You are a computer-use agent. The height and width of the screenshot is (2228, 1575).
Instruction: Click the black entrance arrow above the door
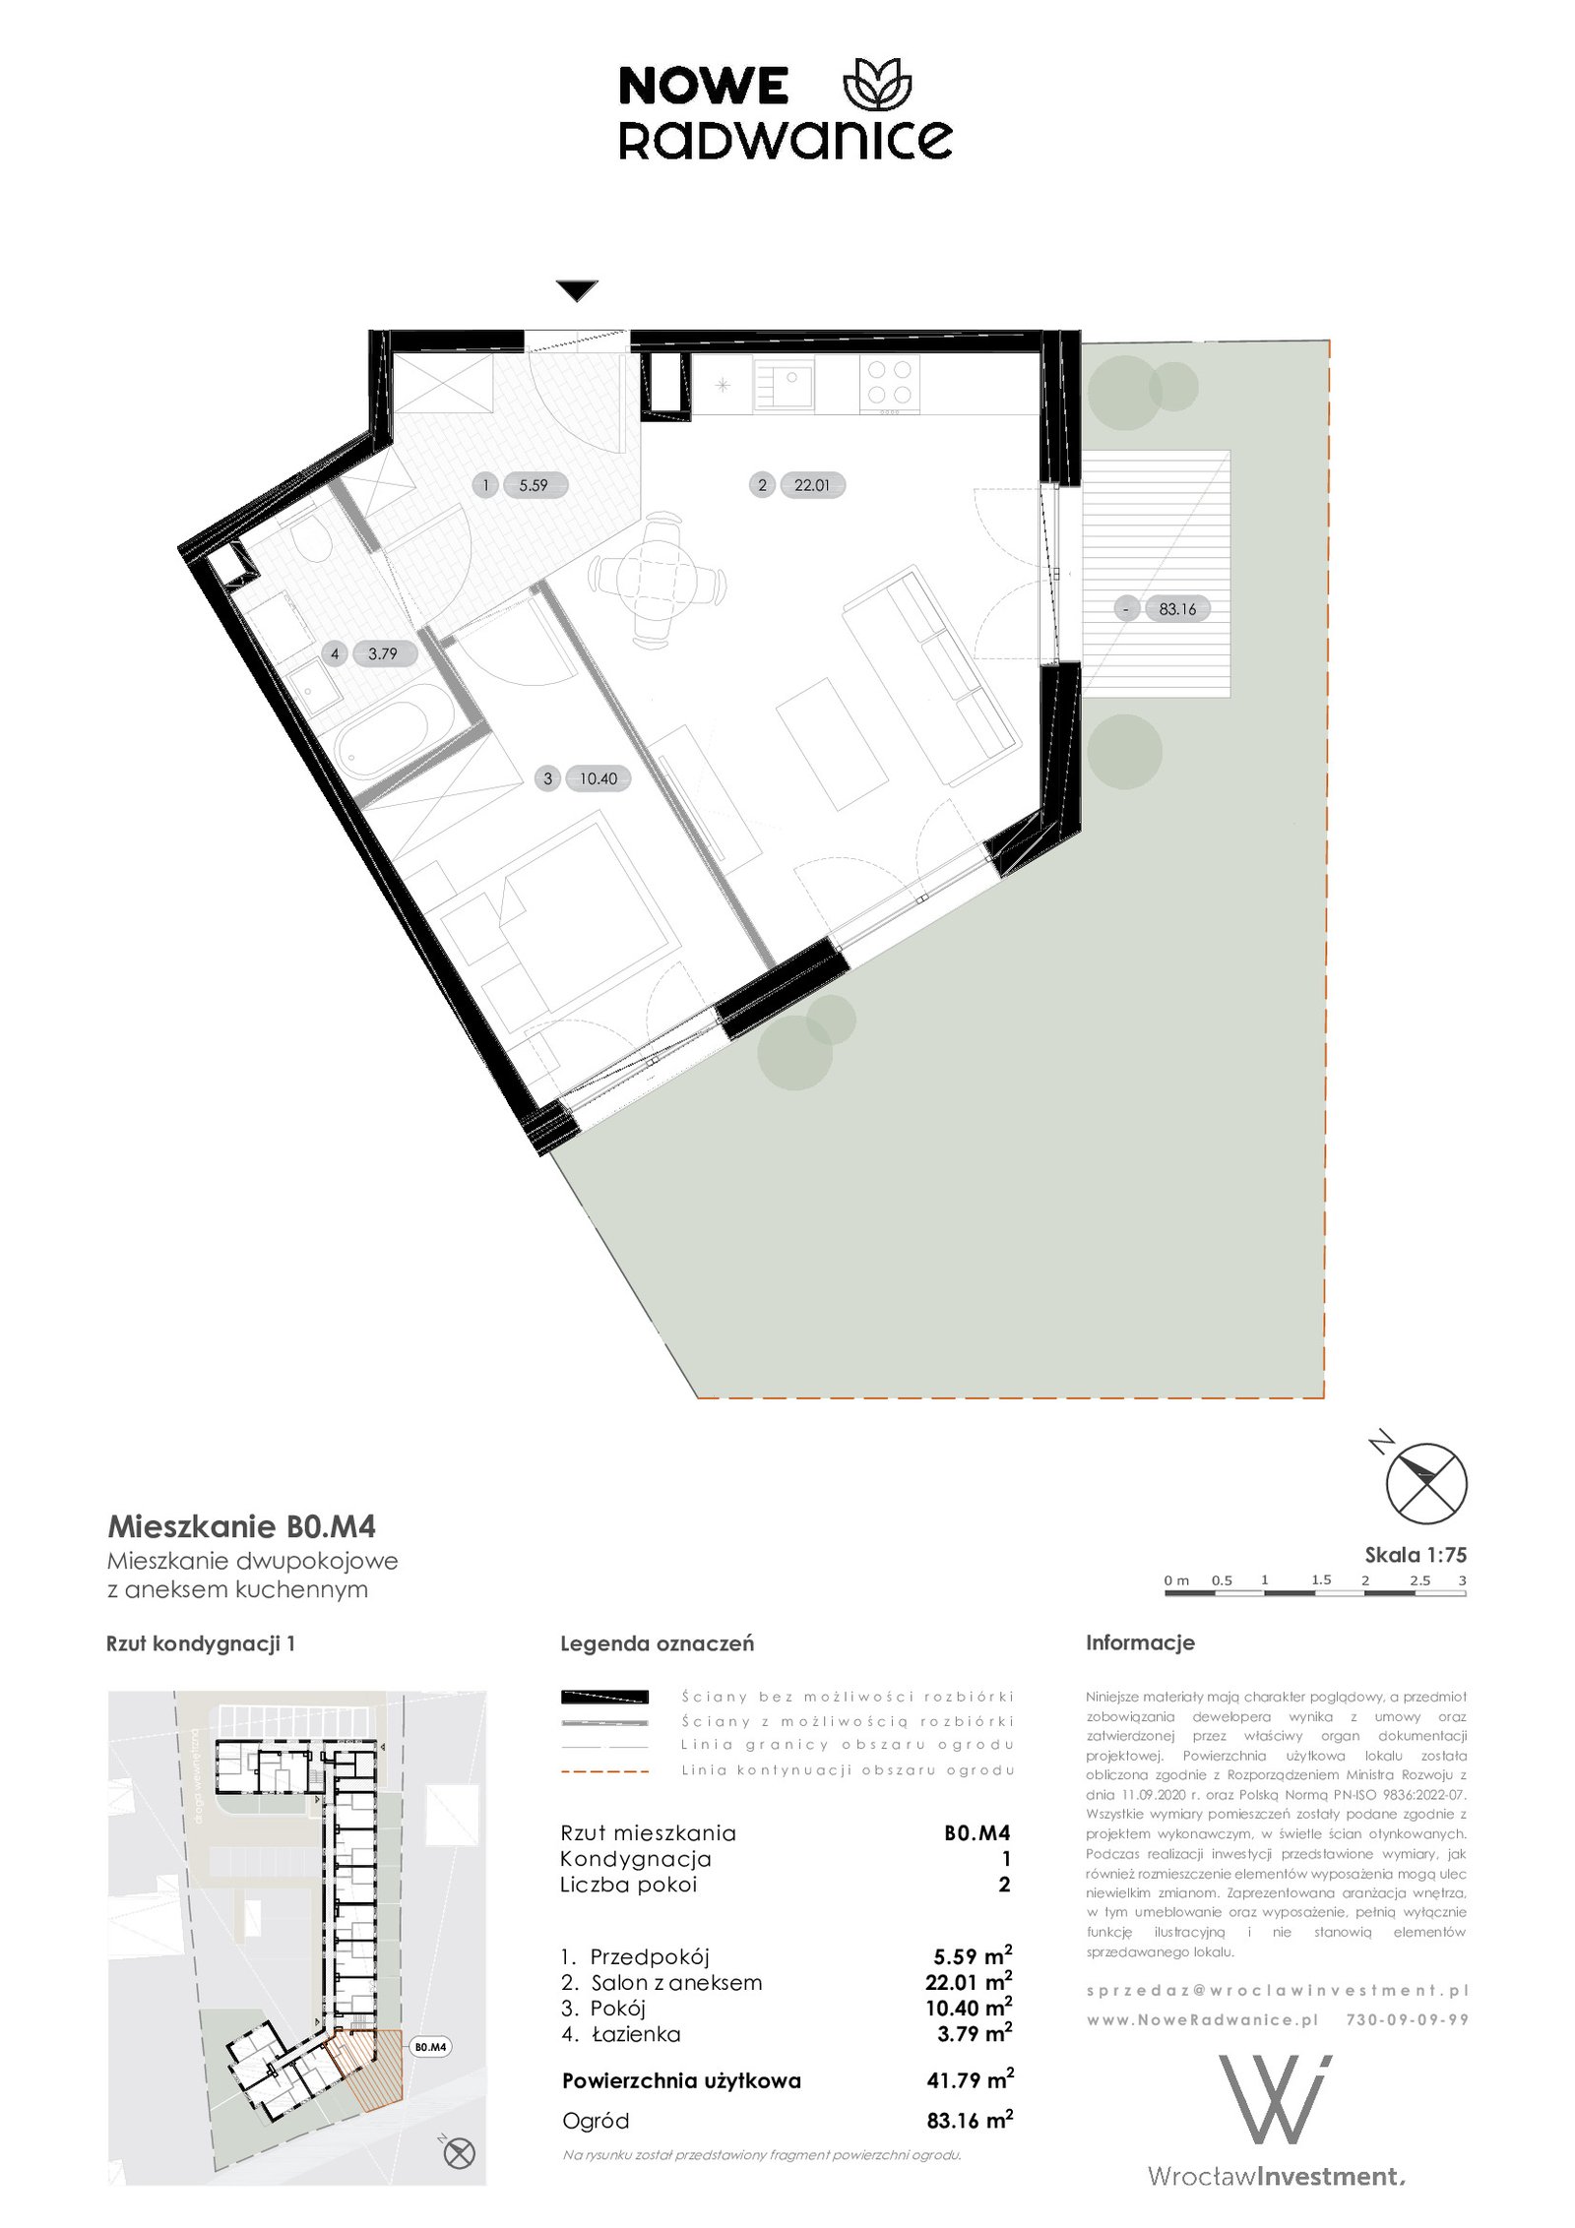[x=576, y=291]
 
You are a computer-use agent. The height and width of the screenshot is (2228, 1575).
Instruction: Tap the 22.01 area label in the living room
[x=812, y=485]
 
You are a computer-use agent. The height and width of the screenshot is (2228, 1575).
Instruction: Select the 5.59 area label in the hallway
[x=534, y=485]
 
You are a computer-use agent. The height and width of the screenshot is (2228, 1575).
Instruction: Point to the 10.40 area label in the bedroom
[x=598, y=778]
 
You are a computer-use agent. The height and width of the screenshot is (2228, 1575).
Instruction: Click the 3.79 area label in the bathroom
[x=383, y=653]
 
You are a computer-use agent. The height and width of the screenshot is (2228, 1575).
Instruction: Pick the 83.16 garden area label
[x=1177, y=609]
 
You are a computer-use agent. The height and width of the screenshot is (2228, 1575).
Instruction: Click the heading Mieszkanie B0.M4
[x=241, y=1526]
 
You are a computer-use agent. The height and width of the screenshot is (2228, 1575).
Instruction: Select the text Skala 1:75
[x=1416, y=1555]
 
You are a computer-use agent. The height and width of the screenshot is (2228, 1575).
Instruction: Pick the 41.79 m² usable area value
[x=970, y=2080]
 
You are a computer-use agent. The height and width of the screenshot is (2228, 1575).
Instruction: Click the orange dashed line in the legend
[x=604, y=1770]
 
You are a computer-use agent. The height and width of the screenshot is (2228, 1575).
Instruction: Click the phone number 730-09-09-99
[x=1407, y=2019]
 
